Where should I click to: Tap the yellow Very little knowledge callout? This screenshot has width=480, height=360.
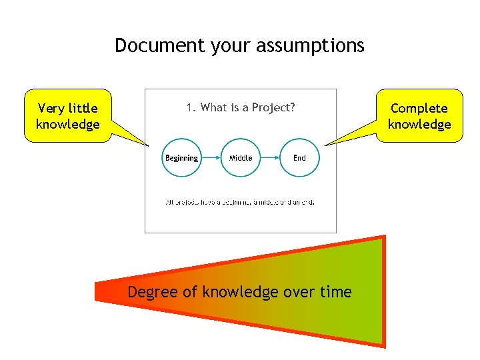pyautogui.click(x=67, y=116)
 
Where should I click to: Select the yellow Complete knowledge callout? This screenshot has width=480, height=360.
pyautogui.click(x=419, y=116)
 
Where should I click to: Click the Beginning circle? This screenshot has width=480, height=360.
pyautogui.click(x=181, y=158)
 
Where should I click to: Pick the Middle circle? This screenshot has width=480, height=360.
pyautogui.click(x=241, y=158)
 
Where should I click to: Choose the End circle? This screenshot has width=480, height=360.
pyautogui.click(x=299, y=158)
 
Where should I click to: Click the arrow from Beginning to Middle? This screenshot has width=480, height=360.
pyautogui.click(x=211, y=158)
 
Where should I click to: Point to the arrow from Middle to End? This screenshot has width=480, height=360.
pyautogui.click(x=270, y=158)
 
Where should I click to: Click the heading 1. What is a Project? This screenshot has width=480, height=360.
pyautogui.click(x=241, y=107)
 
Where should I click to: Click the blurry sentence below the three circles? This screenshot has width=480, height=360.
pyautogui.click(x=240, y=202)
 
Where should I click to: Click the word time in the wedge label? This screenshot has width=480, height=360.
pyautogui.click(x=336, y=292)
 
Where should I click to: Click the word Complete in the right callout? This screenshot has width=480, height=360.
pyautogui.click(x=419, y=108)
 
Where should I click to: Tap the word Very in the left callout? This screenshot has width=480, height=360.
pyautogui.click(x=51, y=108)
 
